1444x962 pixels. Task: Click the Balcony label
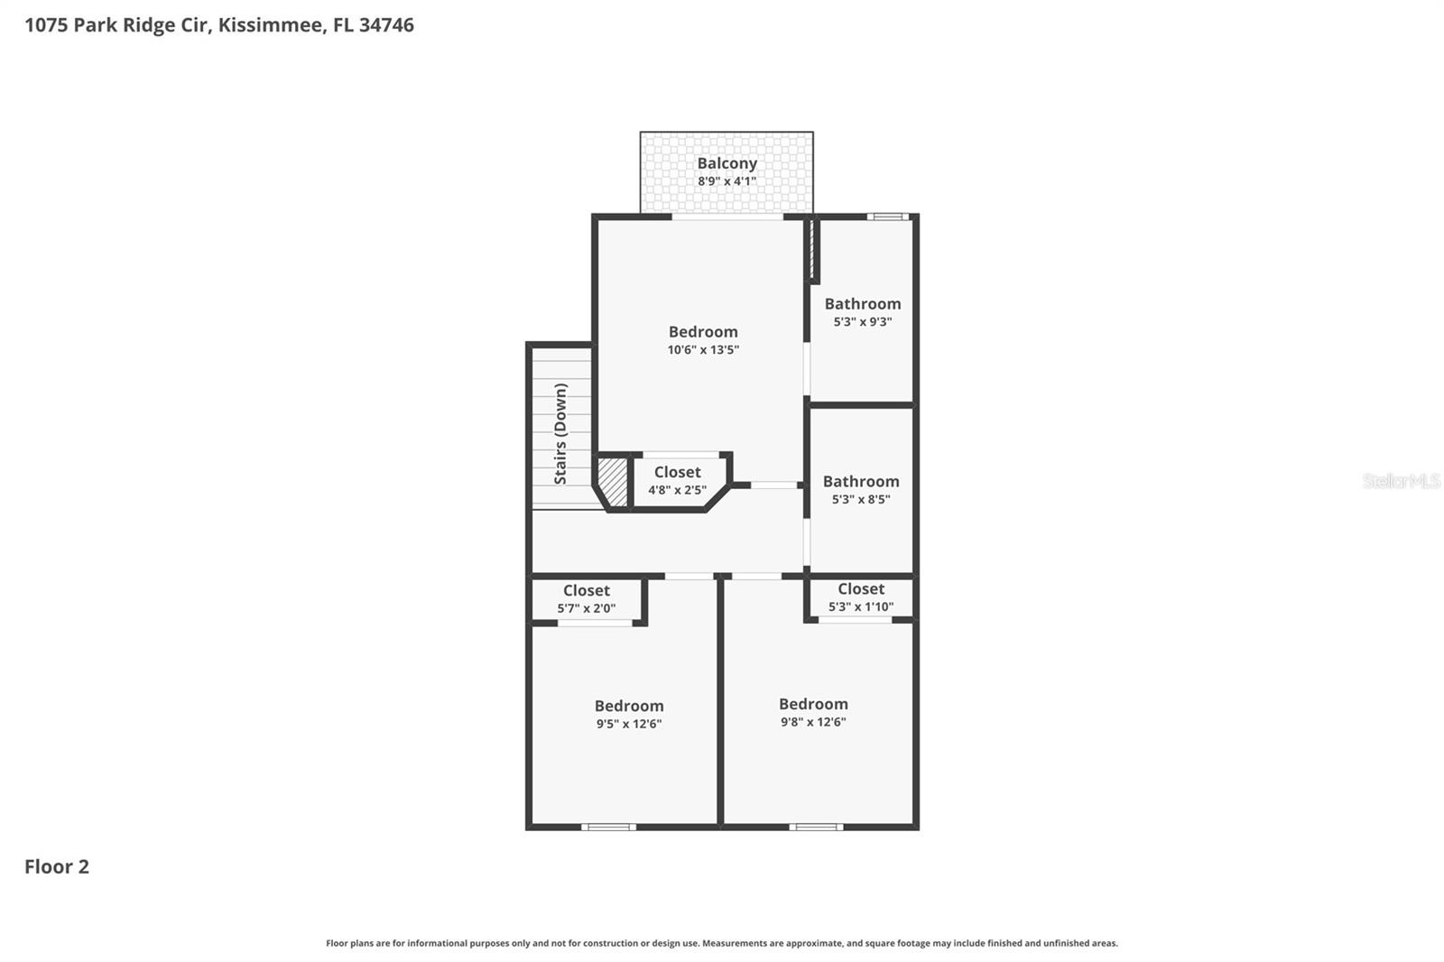tap(727, 163)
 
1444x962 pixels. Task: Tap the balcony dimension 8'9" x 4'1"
tap(727, 181)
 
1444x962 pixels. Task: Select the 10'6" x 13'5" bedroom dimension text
tap(703, 350)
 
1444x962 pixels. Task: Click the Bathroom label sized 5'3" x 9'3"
tap(862, 304)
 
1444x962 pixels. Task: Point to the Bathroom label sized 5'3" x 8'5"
tap(860, 482)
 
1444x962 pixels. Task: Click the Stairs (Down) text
tap(560, 433)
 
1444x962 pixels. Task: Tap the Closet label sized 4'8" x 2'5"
tap(677, 473)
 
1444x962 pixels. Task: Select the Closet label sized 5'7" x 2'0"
tap(586, 591)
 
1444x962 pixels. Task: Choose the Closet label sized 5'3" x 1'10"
tap(860, 589)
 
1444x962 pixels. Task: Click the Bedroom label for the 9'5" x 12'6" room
tap(628, 707)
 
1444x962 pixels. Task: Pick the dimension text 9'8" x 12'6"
tap(813, 722)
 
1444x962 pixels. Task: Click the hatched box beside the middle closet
tap(614, 482)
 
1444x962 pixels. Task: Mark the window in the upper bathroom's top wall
tap(888, 217)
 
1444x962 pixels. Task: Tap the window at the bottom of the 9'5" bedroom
tap(608, 827)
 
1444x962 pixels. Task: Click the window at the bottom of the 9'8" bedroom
tap(816, 827)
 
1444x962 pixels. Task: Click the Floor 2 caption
tap(56, 866)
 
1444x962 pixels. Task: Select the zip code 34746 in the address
tap(386, 25)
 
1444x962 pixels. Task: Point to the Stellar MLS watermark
tap(1401, 481)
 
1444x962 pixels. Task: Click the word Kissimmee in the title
tap(271, 25)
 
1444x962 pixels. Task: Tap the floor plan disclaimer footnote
tap(721, 943)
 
